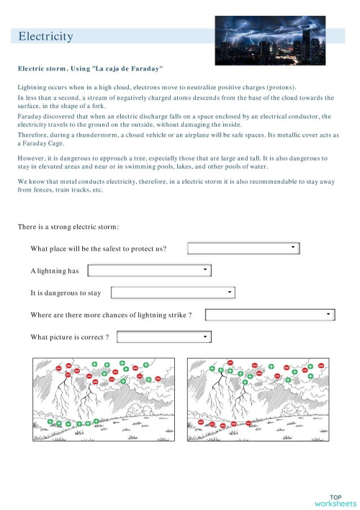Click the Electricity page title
[45, 36]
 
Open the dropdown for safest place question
[243, 249]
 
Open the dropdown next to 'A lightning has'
[149, 271]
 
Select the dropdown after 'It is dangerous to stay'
[173, 292]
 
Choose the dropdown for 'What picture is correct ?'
[164, 336]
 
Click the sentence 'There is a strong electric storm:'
[68, 228]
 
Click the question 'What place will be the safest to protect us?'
[99, 249]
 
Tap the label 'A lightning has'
[55, 271]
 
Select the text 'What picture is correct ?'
[70, 337]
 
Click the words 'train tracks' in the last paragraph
[66, 190]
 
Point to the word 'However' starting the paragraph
[32, 157]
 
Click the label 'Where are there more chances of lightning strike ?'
[111, 315]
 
